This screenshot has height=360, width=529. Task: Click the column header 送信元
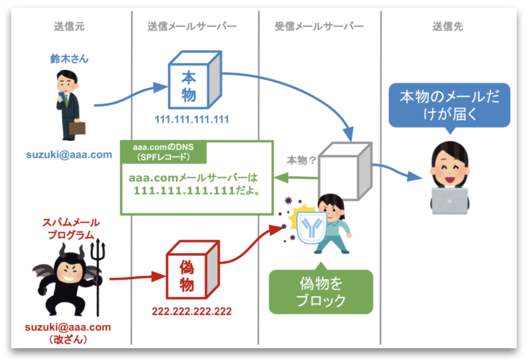tap(69, 26)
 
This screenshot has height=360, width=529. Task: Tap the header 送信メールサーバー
tap(192, 26)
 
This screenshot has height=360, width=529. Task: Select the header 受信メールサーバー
tap(319, 26)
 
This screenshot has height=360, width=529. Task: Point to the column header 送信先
tap(448, 26)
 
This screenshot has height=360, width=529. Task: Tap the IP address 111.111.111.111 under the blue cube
tap(192, 119)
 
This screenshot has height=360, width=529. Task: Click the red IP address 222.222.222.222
tap(192, 311)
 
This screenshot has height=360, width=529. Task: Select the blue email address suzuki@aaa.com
tap(69, 155)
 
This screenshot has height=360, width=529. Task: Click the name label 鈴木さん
tap(69, 59)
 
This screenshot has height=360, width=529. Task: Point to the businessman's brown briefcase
tap(77, 129)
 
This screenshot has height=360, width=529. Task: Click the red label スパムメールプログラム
tap(71, 229)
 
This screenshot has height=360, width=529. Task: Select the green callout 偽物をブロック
tap(321, 292)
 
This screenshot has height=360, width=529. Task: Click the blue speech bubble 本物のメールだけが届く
tap(449, 105)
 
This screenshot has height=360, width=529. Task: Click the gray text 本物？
tap(301, 160)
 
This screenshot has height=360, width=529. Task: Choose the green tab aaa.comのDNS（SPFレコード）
tap(163, 152)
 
